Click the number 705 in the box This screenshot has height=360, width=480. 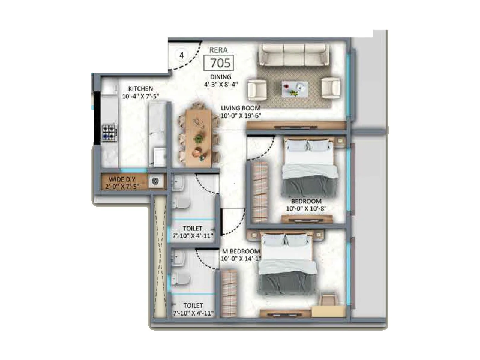tap(220, 63)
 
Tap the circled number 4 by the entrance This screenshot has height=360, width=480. tap(181, 55)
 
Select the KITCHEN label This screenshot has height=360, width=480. tap(140, 89)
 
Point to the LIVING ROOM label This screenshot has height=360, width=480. tap(241, 108)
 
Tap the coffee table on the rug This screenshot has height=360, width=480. tap(295, 89)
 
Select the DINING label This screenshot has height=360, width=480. tap(220, 77)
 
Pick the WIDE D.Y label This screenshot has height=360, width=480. tap(122, 179)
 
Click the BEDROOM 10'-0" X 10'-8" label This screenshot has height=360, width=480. tap(306, 205)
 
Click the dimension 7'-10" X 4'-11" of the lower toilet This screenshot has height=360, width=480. tap(193, 313)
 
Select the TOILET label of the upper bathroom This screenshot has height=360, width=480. tap(192, 229)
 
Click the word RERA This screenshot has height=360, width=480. tap(218, 50)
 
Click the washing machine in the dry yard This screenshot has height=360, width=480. tap(155, 181)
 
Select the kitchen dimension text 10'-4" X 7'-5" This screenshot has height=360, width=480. tap(140, 96)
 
